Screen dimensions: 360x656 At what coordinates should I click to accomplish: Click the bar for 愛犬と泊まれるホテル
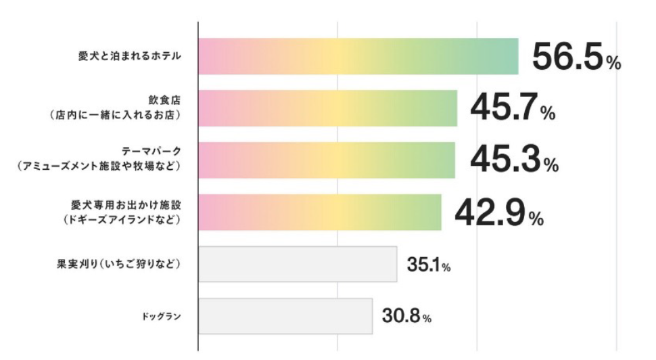point(358,56)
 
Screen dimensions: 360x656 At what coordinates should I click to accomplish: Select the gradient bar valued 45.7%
point(328,108)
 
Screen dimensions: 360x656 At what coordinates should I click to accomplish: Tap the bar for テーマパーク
point(327,160)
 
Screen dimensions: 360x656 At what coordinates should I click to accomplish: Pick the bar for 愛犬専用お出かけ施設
point(320,212)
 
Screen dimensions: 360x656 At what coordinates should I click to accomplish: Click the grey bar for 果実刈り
point(298,264)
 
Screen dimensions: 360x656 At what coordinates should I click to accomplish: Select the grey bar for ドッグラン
point(285,316)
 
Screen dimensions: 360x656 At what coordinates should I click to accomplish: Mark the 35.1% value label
point(429,264)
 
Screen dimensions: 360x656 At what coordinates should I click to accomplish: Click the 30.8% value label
point(406,316)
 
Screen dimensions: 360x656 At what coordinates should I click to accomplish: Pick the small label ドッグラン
point(162,316)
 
